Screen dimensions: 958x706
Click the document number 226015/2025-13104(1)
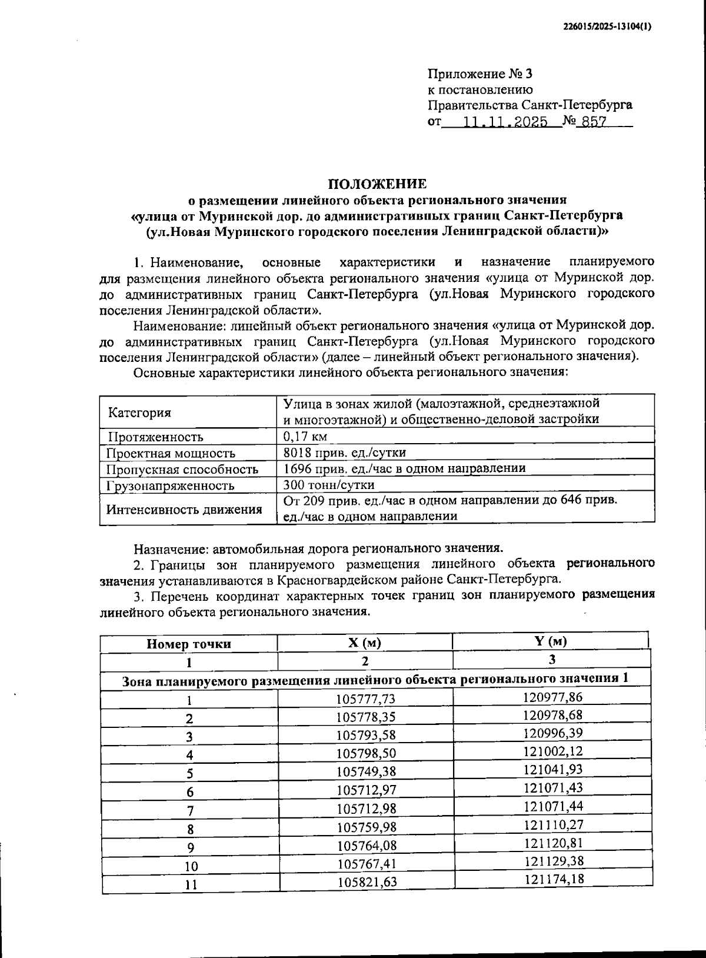pos(607,26)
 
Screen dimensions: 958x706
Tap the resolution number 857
pos(594,122)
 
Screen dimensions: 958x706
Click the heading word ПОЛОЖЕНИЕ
pos(377,184)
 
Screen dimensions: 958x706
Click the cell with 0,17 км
pos(305,436)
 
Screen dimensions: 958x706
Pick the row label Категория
pos(139,412)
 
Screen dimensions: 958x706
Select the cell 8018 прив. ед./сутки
pos(344,452)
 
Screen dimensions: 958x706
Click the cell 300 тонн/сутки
pos(328,484)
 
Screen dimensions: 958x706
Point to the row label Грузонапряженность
pos(170,485)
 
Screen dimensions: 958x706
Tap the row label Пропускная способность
pos(182,469)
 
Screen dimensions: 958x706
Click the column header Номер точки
pos(188,644)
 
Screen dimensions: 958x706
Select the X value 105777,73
pos(365,698)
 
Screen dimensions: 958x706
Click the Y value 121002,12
pos(552,751)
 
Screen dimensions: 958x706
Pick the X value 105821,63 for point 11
pos(366,882)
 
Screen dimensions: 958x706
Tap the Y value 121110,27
pos(552,824)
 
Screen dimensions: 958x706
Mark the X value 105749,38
pos(365,771)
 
